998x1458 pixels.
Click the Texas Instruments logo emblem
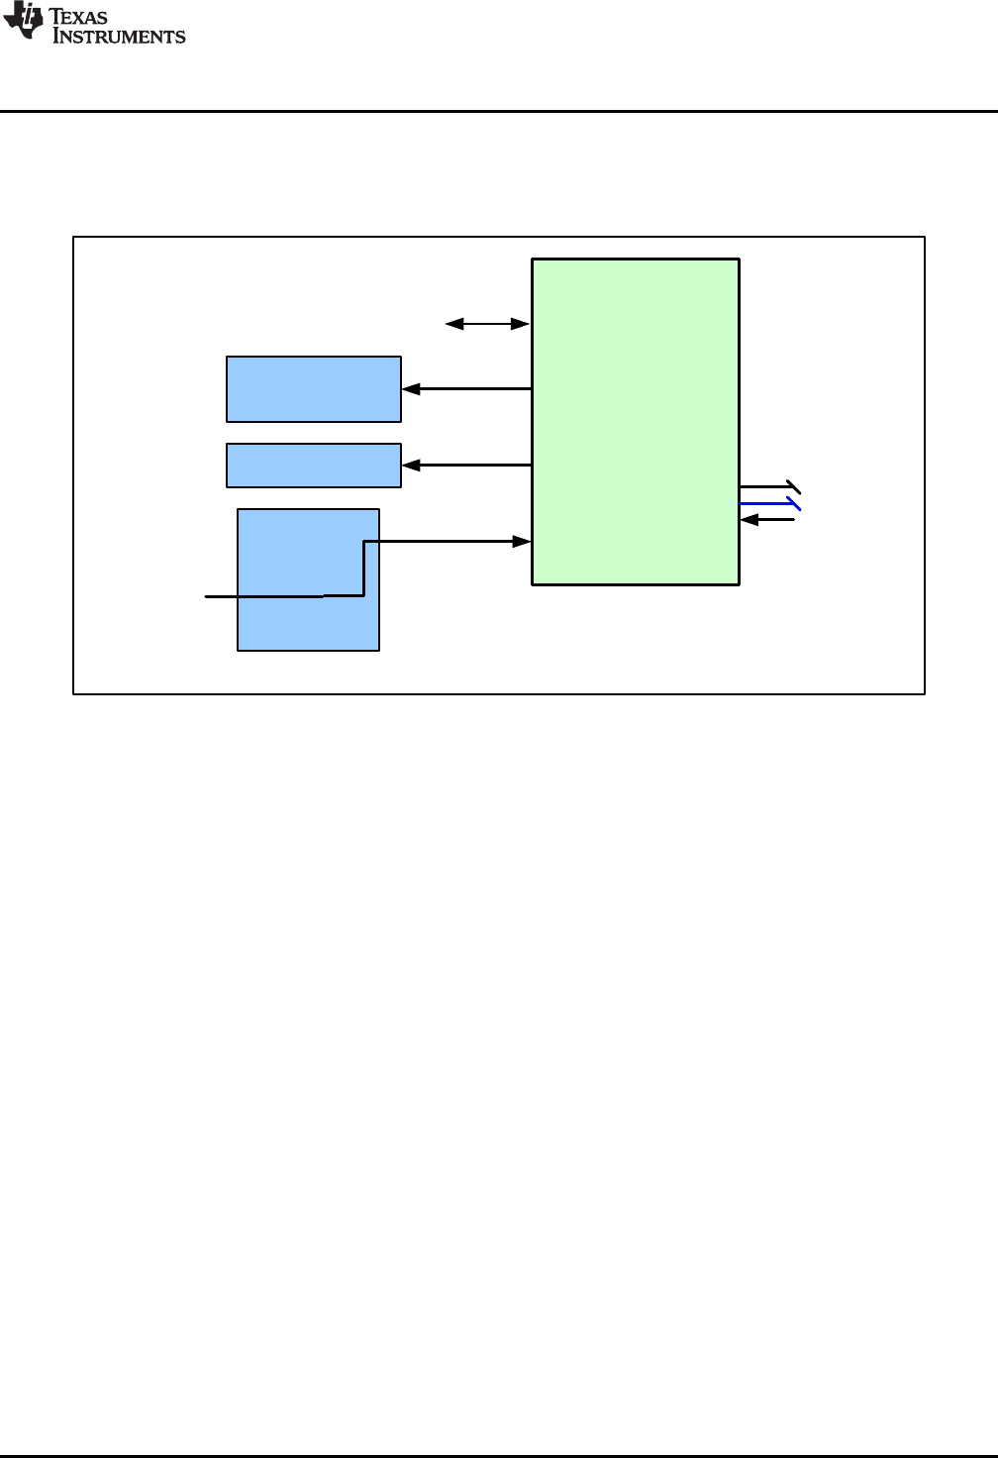tap(23, 22)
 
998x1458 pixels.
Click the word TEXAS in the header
tap(78, 17)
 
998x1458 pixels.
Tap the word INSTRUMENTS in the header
tap(119, 37)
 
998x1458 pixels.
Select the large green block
tap(636, 422)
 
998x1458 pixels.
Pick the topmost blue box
tap(314, 389)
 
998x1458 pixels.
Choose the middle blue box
tap(314, 466)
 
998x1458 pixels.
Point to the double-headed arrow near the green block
tap(487, 324)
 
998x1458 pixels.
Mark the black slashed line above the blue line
tap(767, 487)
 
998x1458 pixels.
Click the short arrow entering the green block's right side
tap(767, 520)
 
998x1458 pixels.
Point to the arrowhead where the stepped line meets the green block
tap(522, 542)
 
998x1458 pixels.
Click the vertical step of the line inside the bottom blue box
tap(364, 569)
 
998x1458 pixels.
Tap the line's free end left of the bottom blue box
tap(207, 597)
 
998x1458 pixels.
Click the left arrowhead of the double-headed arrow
tap(453, 324)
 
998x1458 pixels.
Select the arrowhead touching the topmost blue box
tap(411, 389)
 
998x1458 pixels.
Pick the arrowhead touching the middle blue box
tap(411, 465)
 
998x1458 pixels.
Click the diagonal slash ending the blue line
tap(794, 504)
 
